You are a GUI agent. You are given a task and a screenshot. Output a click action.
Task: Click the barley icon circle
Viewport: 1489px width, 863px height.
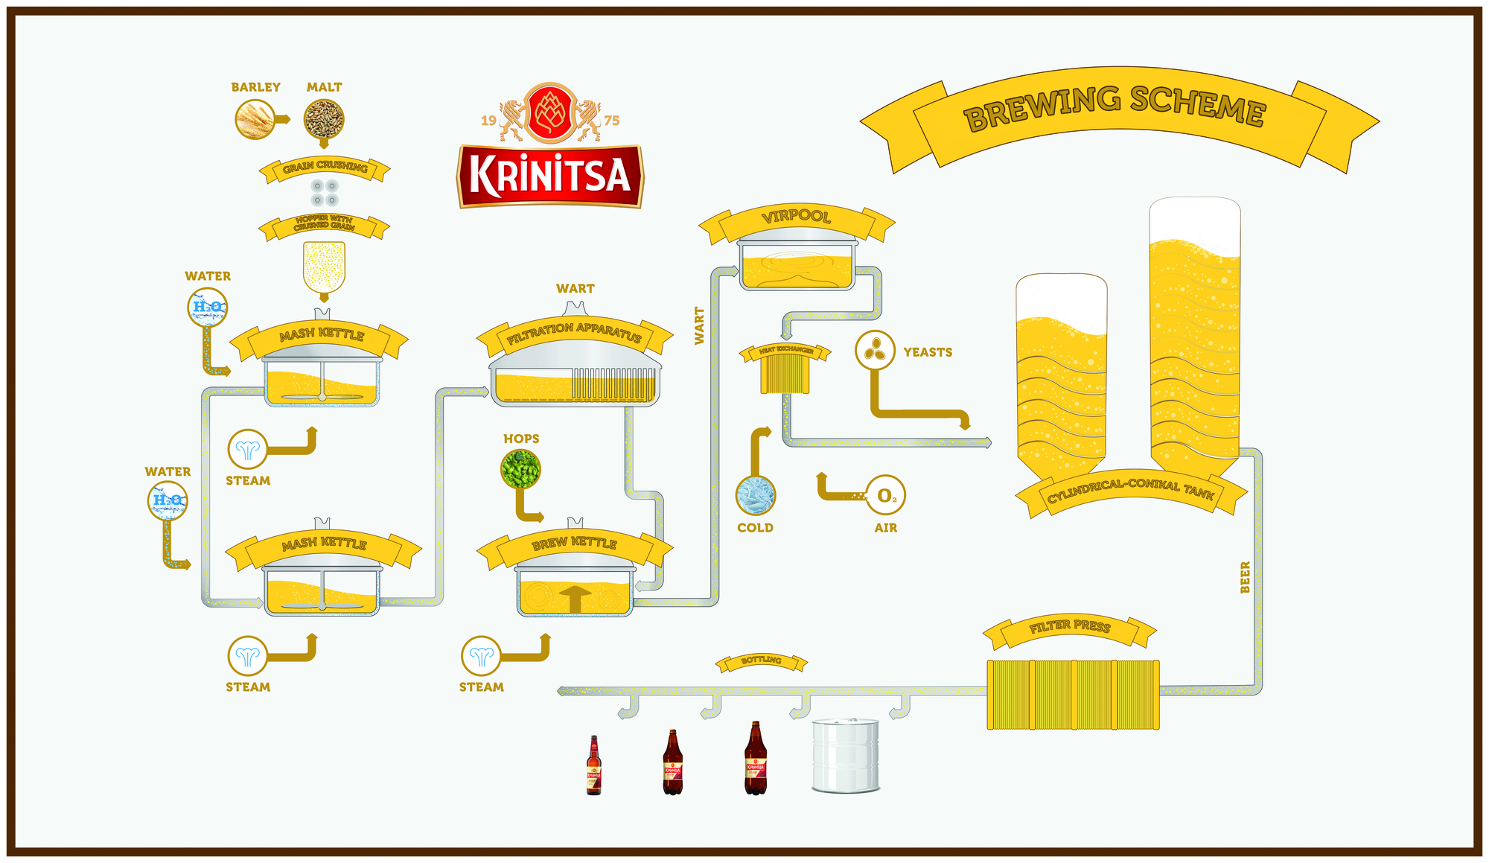click(x=255, y=119)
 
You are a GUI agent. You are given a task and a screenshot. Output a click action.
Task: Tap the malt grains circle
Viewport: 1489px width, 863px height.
click(x=324, y=118)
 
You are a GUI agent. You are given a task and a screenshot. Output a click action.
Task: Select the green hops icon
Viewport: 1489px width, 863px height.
click(x=520, y=468)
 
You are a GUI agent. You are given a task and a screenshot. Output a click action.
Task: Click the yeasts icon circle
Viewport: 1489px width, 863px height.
click(x=875, y=350)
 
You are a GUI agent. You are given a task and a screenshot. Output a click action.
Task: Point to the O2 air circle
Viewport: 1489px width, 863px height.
click(x=885, y=495)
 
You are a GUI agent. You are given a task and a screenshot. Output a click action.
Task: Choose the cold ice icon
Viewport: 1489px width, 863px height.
click(x=756, y=496)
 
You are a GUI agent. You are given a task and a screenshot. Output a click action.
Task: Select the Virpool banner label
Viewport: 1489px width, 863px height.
click(x=796, y=217)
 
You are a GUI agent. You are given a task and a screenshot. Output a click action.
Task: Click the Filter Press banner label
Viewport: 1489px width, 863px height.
click(x=1070, y=627)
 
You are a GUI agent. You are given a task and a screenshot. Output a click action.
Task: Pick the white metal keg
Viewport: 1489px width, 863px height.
click(x=846, y=755)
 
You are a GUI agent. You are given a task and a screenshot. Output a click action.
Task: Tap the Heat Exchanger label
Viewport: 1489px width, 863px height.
click(x=785, y=351)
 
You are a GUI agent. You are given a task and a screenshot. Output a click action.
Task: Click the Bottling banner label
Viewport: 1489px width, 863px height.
click(x=762, y=660)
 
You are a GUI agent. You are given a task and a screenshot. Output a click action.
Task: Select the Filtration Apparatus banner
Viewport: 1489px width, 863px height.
click(x=574, y=333)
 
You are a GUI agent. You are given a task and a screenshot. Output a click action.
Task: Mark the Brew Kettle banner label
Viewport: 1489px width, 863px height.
click(x=574, y=544)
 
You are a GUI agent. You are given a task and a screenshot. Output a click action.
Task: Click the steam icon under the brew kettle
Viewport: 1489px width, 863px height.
click(x=481, y=656)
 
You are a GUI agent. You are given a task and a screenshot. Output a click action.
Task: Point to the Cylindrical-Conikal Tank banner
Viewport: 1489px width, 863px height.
click(x=1131, y=491)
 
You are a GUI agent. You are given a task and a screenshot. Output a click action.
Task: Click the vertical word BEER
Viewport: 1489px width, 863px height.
click(x=1245, y=577)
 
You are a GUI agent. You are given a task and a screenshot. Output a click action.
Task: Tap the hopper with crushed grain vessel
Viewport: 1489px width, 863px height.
click(x=324, y=266)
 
